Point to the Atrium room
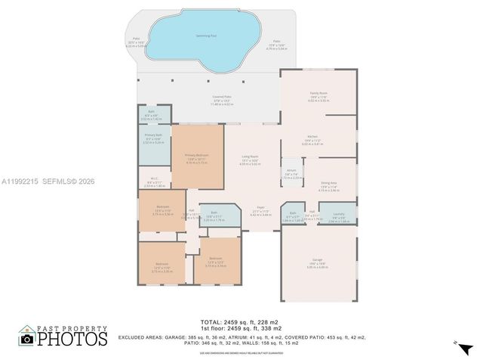(291, 172)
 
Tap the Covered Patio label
(221, 98)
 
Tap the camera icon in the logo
(27, 340)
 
